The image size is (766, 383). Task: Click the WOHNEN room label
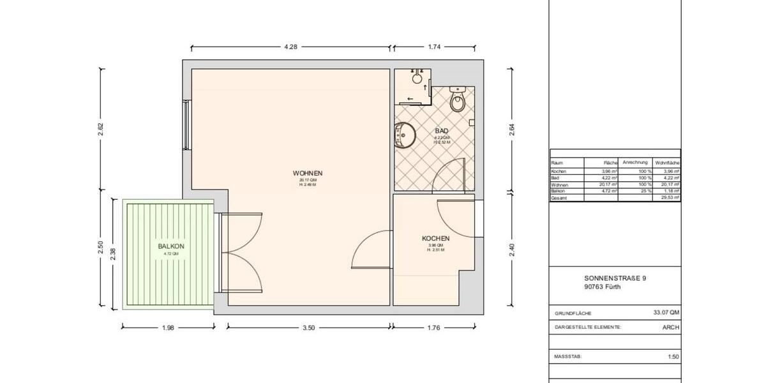[x=307, y=173]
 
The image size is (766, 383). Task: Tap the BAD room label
[x=442, y=131]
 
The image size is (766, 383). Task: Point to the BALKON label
[x=170, y=246]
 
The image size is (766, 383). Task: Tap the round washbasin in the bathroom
[x=405, y=135]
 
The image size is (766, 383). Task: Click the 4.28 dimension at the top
[x=290, y=47]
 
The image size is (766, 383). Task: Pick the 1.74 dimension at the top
[x=435, y=47]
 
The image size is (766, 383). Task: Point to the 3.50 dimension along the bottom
[x=308, y=327]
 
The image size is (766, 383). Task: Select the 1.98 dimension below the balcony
[x=167, y=327]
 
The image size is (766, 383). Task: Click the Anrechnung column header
[x=635, y=162]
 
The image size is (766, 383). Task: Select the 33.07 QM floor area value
[x=666, y=313]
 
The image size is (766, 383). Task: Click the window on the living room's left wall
[x=186, y=125]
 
